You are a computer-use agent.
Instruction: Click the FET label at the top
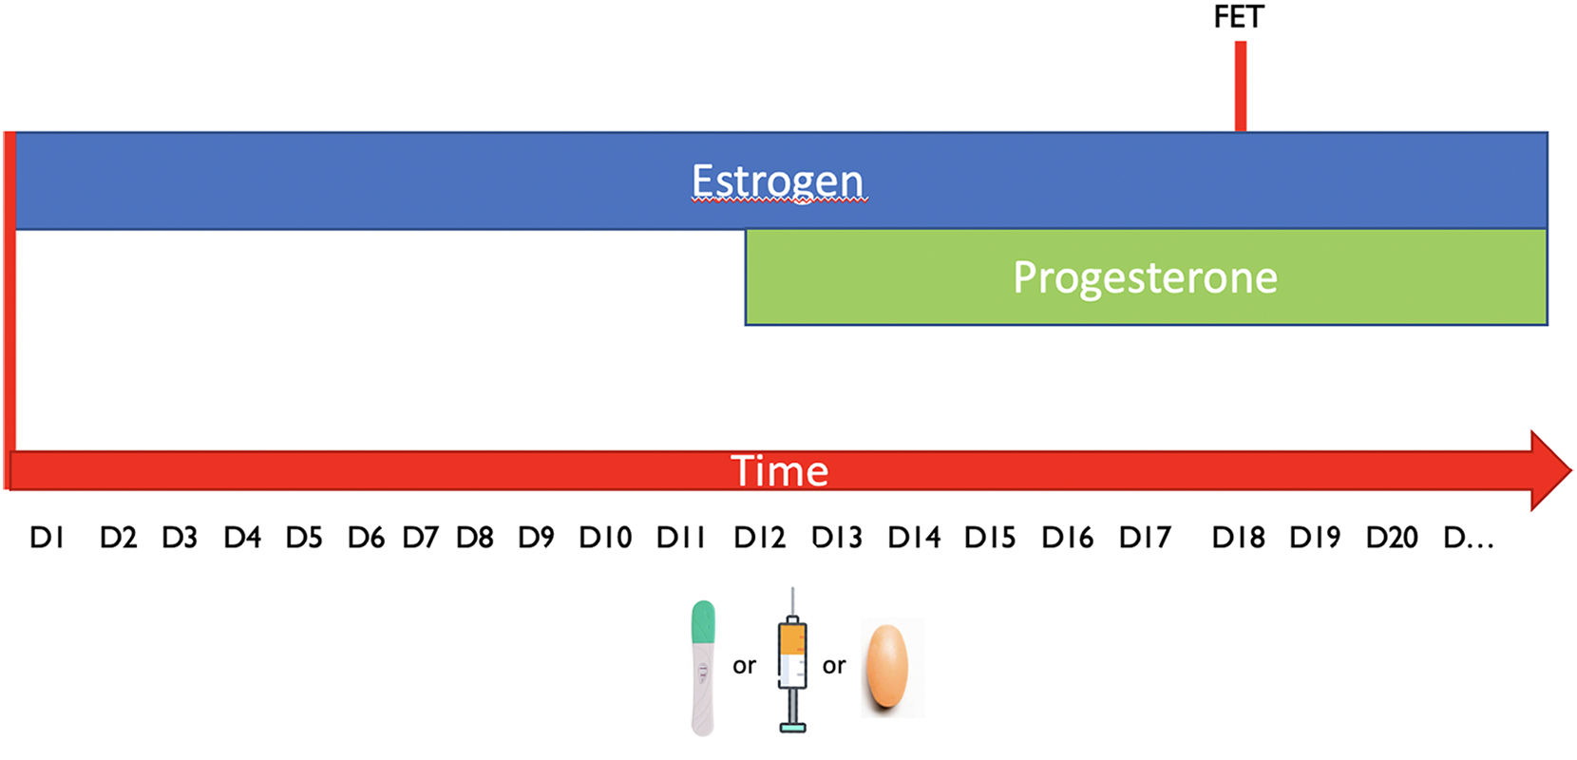click(1239, 17)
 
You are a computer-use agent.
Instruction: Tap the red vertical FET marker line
click(1241, 85)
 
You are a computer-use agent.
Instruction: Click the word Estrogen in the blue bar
click(777, 180)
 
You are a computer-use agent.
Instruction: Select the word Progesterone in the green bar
click(1145, 277)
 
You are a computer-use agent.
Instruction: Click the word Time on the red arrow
click(779, 470)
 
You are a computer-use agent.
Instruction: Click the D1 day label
click(47, 538)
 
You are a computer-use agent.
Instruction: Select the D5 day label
click(304, 538)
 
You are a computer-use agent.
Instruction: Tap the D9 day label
click(536, 538)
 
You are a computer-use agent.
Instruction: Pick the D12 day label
click(759, 538)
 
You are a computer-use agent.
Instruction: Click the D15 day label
click(990, 538)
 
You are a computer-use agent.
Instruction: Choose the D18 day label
click(1238, 538)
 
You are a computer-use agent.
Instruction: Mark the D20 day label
click(1392, 538)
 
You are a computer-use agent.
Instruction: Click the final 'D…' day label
click(1468, 538)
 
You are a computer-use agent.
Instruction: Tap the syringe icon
click(792, 665)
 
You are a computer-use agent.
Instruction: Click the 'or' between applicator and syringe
click(744, 666)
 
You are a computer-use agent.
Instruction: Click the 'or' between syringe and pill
click(834, 666)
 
